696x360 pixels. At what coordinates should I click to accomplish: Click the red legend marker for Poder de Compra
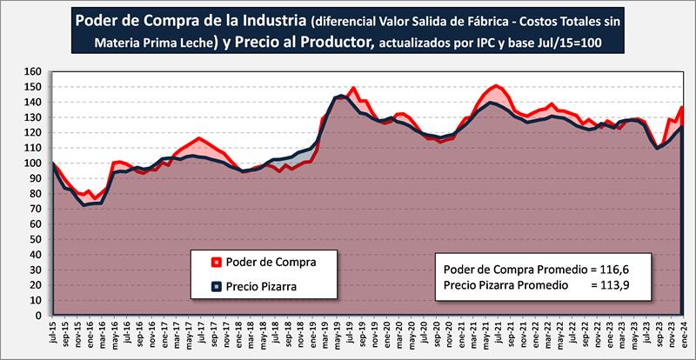click(x=214, y=262)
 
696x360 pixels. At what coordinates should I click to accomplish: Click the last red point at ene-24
click(x=682, y=107)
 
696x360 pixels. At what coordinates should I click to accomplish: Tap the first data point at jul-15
click(x=54, y=163)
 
